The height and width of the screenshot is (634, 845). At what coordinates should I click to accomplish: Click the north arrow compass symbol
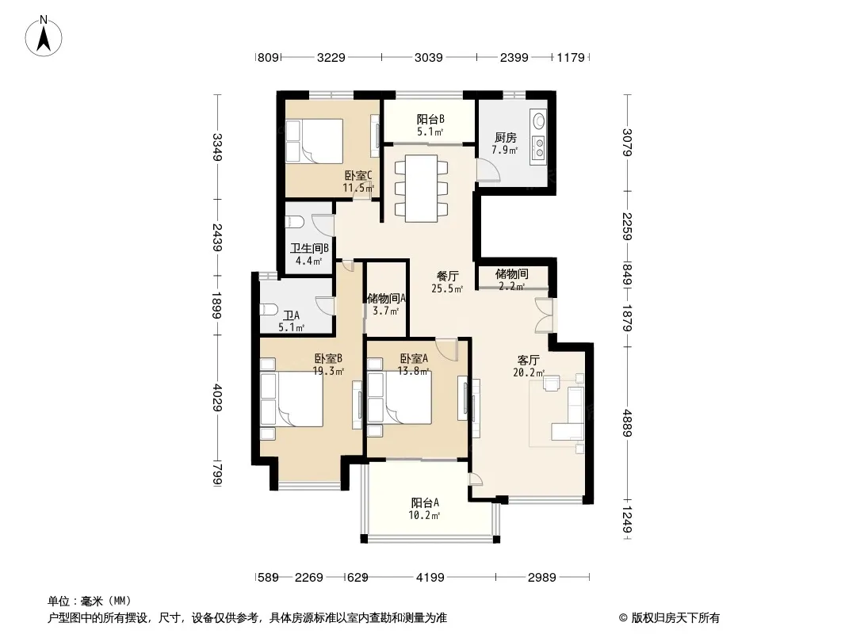[x=44, y=36]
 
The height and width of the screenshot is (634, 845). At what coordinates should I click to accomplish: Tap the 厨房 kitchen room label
[x=505, y=138]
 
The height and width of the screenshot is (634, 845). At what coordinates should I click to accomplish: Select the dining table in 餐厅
[x=422, y=189]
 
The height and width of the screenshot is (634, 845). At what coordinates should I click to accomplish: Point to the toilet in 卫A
[x=268, y=311]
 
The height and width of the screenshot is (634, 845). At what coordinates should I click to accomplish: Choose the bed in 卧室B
[x=292, y=399]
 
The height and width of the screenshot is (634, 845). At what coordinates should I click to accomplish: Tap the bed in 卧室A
[x=400, y=398]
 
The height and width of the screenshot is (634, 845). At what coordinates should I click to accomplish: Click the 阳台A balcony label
[x=425, y=503]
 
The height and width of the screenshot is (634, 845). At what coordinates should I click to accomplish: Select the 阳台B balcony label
[x=430, y=119]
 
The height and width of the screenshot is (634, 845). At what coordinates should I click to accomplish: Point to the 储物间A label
[x=386, y=298]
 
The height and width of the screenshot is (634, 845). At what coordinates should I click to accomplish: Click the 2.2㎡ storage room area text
[x=511, y=287]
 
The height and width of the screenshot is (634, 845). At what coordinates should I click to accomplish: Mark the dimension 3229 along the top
[x=331, y=57]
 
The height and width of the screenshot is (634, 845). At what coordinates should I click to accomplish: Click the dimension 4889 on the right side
[x=627, y=423]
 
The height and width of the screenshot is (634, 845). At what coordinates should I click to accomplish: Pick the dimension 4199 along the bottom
[x=430, y=578]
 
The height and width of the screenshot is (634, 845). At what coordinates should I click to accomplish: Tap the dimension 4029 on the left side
[x=218, y=397]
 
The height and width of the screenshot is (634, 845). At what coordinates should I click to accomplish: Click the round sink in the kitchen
[x=537, y=120]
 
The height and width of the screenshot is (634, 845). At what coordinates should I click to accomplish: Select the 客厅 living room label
[x=528, y=360]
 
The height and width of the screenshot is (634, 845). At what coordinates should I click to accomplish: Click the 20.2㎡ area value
[x=529, y=372]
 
